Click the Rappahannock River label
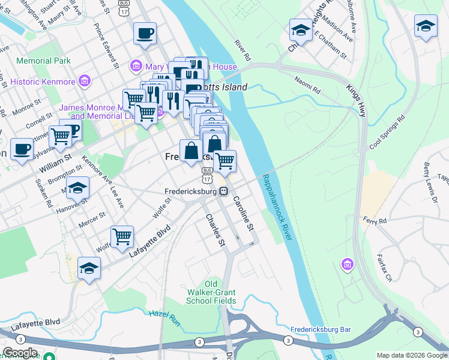pos(277,208)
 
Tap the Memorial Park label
pos(44,61)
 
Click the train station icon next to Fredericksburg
pos(223,192)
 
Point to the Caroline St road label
pos(244,214)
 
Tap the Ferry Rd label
pos(374,221)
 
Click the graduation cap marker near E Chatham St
pos(300,29)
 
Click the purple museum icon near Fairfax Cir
pos(347,264)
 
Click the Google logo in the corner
pos(20,353)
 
